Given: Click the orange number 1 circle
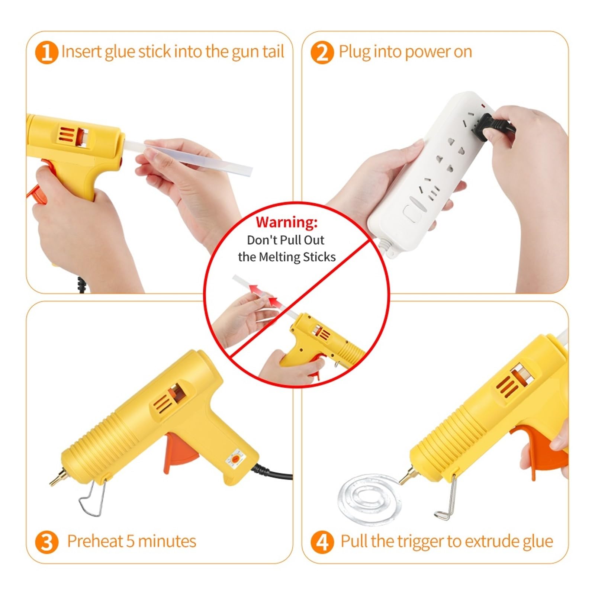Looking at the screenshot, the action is (x=46, y=52).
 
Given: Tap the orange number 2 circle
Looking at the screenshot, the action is (x=322, y=52).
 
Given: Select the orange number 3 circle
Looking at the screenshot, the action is (x=46, y=542).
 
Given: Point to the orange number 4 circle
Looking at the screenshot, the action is (x=322, y=542).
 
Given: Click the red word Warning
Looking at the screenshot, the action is (x=286, y=222).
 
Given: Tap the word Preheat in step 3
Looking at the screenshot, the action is (x=95, y=541).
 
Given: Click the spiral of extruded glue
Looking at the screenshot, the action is (x=370, y=498).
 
